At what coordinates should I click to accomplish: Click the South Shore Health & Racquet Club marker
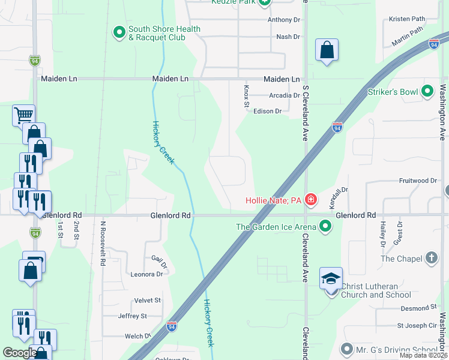[119, 31]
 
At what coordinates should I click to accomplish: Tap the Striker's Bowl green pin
[427, 91]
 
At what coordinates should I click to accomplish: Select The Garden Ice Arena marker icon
[325, 226]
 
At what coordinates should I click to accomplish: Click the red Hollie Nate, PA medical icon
[310, 199]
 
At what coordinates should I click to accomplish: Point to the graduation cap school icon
[330, 278]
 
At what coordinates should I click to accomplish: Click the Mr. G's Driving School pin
[346, 349]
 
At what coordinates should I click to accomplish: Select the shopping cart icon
[23, 114]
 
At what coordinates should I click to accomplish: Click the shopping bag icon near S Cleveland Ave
[327, 50]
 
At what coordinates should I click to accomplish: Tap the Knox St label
[246, 97]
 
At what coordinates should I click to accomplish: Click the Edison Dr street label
[268, 111]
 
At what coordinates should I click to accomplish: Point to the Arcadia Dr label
[285, 95]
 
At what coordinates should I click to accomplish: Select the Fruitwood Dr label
[418, 181]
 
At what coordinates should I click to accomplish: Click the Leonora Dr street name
[146, 274]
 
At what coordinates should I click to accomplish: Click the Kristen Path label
[407, 19]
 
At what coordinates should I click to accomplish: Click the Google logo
[20, 353]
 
